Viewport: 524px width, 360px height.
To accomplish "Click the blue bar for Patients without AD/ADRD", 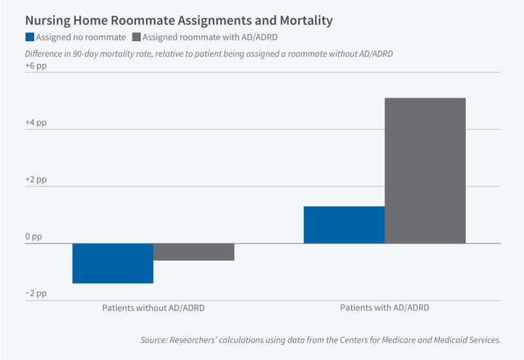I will [113, 263].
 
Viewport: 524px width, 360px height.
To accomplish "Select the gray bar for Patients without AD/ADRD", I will [194, 252].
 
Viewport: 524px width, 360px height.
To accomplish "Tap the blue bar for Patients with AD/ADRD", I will [344, 225].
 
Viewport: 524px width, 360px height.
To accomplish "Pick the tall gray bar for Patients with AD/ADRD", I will [425, 170].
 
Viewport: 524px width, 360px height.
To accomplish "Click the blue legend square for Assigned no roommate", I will [29, 37].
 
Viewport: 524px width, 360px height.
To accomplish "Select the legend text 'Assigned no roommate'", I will [81, 37].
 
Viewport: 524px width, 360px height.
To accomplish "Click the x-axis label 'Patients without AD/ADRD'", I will [153, 307].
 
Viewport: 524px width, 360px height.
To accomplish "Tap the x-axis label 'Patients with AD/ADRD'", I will [384, 307].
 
